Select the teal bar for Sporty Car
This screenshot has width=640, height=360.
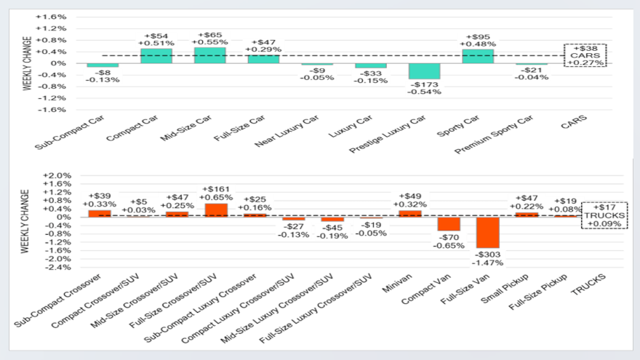[x=478, y=56]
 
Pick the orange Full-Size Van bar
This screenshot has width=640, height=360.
[x=487, y=233]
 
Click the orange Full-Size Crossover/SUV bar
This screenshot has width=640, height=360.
[x=217, y=210]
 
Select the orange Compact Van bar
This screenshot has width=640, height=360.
[x=449, y=224]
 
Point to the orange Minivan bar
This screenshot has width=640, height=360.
[x=409, y=214]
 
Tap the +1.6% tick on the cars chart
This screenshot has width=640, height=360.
[x=56, y=17]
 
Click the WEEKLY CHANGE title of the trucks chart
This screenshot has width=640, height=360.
[x=25, y=221]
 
